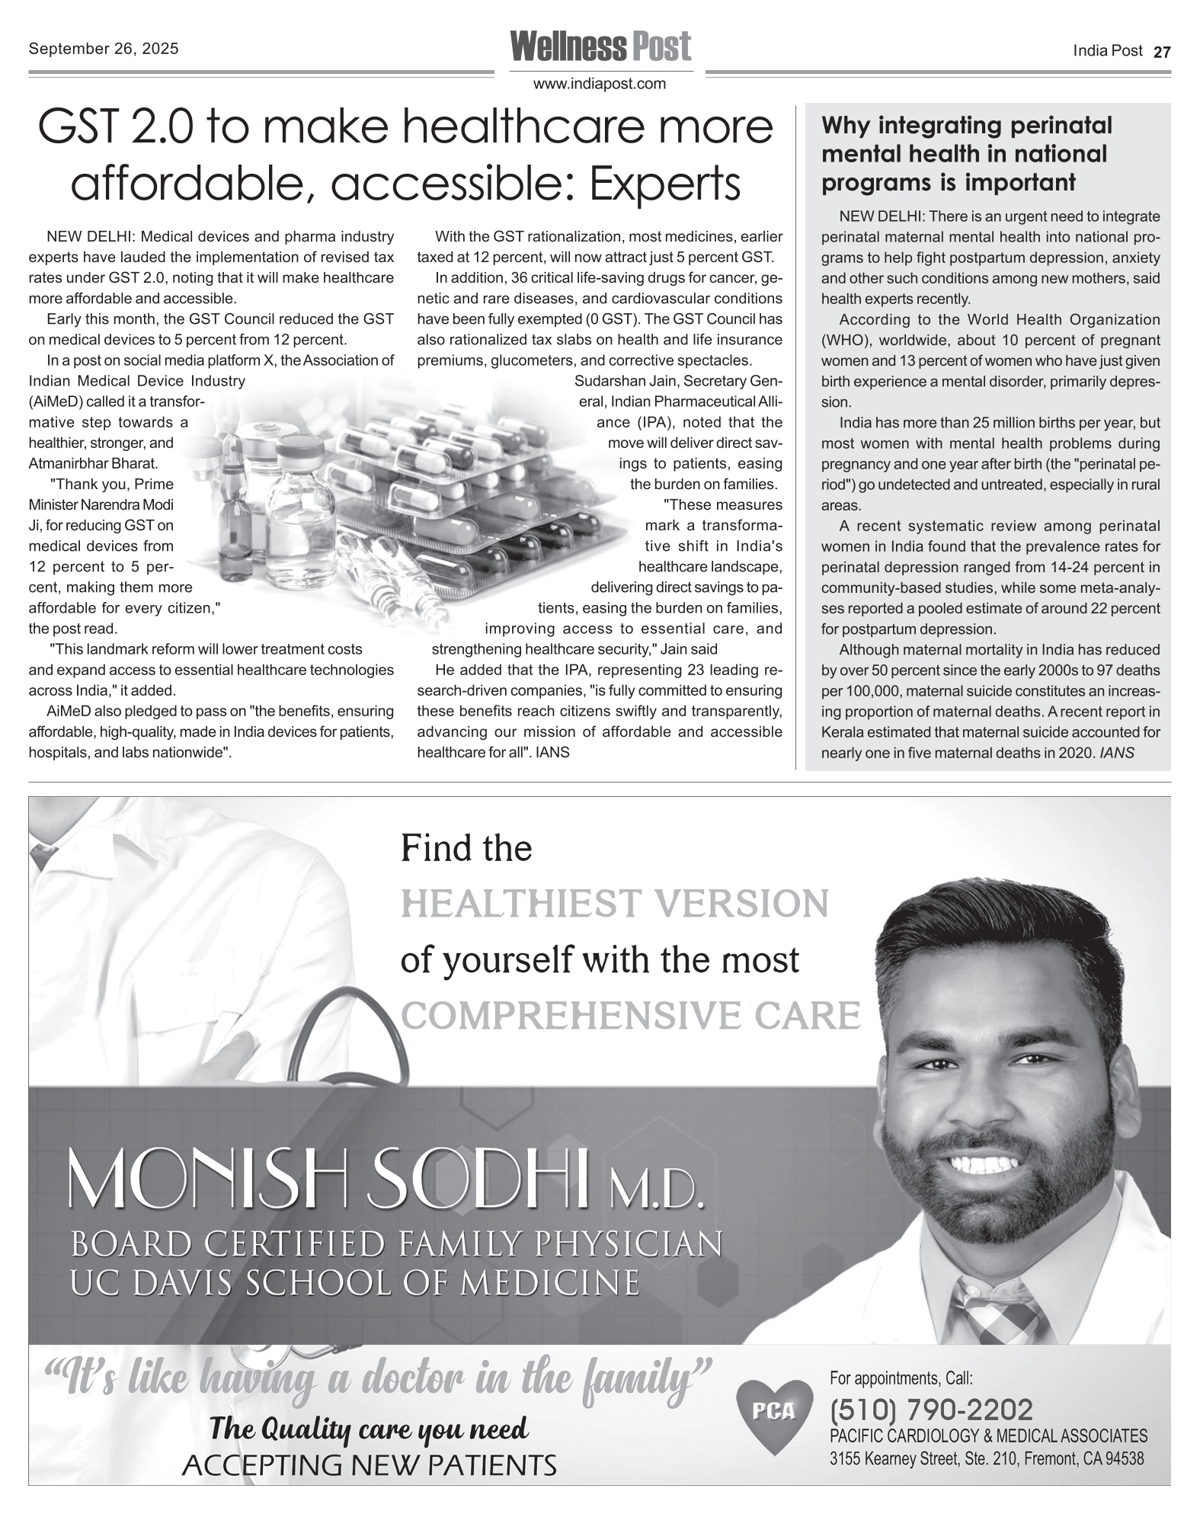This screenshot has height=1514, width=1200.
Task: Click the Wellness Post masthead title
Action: (x=600, y=46)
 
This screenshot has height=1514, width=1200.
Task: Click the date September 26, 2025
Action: (x=104, y=49)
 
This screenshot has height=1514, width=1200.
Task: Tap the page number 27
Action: (x=1162, y=52)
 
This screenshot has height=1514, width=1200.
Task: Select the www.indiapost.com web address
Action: (x=600, y=84)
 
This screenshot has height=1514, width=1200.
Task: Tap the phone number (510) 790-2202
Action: (x=931, y=1410)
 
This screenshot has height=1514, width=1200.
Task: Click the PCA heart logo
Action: (x=773, y=1413)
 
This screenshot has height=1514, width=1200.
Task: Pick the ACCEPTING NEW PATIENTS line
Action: (x=370, y=1464)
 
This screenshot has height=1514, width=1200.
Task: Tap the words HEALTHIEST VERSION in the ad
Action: (x=614, y=904)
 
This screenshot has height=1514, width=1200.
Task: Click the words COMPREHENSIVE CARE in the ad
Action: (x=630, y=1016)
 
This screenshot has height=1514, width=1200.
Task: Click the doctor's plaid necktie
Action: (x=998, y=1310)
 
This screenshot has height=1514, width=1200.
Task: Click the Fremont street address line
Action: (x=986, y=1459)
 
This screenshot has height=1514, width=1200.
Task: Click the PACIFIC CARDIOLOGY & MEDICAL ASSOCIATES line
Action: (x=987, y=1436)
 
